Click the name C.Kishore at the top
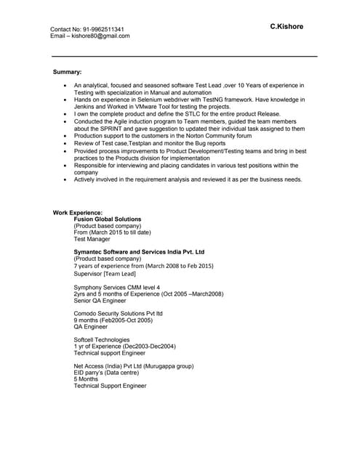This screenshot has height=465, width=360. [287, 27]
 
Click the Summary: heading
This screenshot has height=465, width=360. [68, 73]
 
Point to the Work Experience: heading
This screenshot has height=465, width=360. [78, 212]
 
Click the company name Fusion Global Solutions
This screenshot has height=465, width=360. [108, 219]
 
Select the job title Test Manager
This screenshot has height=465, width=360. [92, 239]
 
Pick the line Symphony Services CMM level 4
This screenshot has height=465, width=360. [117, 287]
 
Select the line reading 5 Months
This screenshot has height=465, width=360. [86, 379]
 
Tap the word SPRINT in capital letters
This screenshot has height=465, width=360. [111, 129]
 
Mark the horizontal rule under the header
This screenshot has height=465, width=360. [184, 56]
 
